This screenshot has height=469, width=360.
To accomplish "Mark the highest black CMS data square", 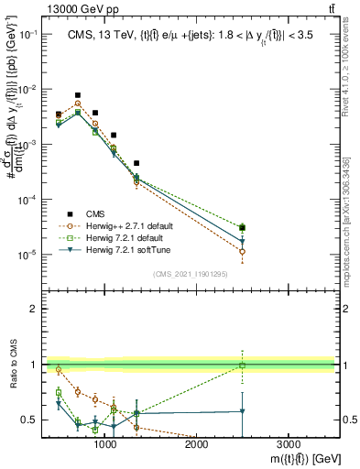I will tap(78, 94).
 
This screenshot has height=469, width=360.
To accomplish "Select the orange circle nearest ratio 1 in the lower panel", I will tap(59, 370).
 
